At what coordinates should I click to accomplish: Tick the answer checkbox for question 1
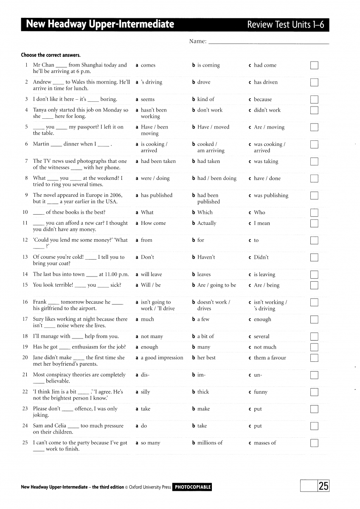click(314, 65)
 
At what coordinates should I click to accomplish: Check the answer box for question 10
click(314, 213)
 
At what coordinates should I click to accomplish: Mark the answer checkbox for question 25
click(314, 443)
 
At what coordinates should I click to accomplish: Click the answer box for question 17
click(314, 319)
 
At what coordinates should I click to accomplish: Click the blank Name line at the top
click(269, 42)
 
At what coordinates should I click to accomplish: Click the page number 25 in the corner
click(323, 486)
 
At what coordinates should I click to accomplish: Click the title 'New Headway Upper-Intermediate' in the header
click(100, 24)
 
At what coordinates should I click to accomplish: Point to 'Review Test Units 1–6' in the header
click(285, 25)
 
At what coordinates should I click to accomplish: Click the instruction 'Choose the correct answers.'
click(51, 55)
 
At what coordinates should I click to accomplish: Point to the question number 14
click(25, 274)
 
